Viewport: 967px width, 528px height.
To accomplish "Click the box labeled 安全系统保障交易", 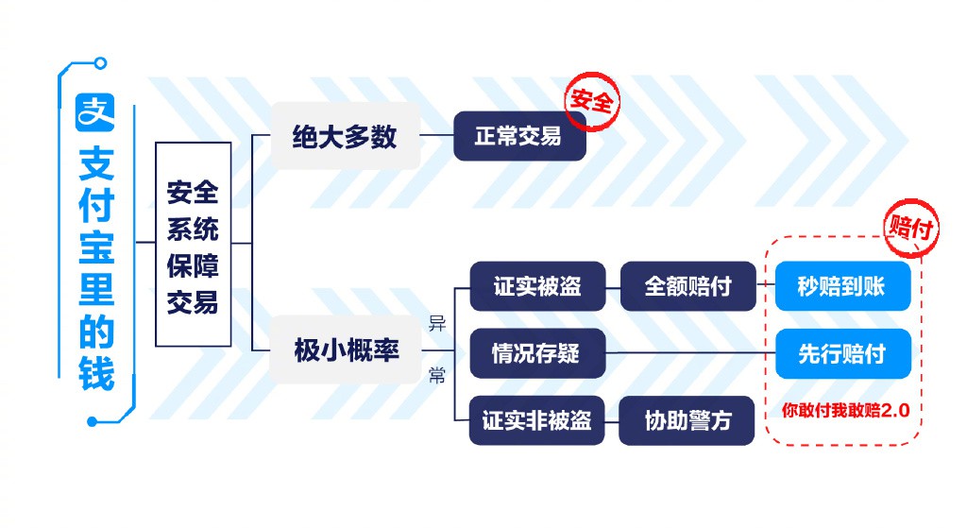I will (193, 244).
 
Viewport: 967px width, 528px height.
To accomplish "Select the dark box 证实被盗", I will (536, 285).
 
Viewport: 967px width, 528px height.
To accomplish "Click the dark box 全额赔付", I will (687, 285).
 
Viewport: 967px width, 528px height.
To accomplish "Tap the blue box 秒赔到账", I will (842, 285).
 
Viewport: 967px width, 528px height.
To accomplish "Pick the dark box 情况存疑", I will (536, 353).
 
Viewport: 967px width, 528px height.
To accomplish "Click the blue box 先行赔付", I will (842, 353).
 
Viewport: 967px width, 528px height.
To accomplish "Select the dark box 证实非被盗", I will (536, 419).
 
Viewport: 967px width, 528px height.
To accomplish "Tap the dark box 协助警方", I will (687, 419).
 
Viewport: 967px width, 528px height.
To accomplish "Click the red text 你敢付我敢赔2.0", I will (844, 411).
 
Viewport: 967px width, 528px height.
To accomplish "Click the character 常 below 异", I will (436, 377).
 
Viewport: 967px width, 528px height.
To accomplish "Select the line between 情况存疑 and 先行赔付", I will (689, 353).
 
